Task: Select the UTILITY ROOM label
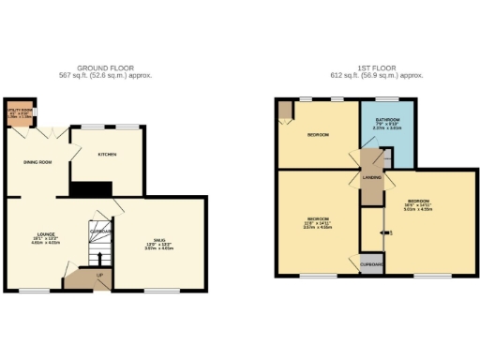point(20,110)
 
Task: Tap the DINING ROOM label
point(37,162)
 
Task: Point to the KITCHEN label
point(107,154)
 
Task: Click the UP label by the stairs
point(99,275)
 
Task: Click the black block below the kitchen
point(91,188)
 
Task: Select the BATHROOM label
point(388,120)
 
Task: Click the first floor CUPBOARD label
point(371,264)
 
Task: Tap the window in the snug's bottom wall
point(157,291)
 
